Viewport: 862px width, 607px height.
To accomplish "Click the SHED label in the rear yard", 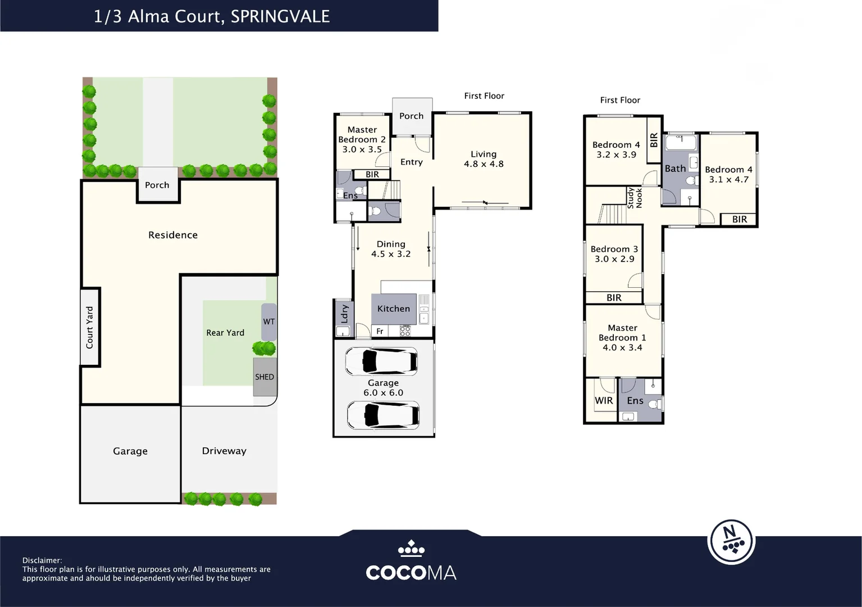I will point(264,377).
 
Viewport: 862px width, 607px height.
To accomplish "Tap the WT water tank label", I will point(269,322).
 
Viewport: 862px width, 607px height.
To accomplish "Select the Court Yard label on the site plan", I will point(90,327).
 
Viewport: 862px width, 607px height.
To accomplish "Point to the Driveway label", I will point(224,451).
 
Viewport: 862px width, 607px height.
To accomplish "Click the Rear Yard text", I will point(225,333).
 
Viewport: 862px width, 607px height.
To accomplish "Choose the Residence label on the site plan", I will point(173,235).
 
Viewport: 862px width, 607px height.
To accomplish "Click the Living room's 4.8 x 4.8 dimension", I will point(484,164).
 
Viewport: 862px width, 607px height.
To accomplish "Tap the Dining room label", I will point(391,244).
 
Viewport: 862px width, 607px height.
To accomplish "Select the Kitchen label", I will point(394,309).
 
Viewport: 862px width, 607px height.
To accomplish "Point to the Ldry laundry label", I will point(344,314).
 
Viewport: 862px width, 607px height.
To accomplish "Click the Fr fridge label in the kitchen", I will point(380,332).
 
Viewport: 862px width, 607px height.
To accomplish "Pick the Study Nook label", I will point(635,198).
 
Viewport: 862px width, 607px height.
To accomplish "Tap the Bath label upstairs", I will point(675,169).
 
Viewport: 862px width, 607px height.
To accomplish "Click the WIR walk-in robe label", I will point(604,401).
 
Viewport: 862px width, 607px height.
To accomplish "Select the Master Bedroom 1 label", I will point(622,333).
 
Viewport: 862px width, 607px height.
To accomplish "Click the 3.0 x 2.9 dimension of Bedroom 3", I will point(614,259).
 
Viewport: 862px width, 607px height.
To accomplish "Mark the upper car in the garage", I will point(381,361).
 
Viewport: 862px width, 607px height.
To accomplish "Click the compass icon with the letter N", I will point(731,541).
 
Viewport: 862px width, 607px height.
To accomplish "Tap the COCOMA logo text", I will point(411,573).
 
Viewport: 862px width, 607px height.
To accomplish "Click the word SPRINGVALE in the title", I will point(280,16).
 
